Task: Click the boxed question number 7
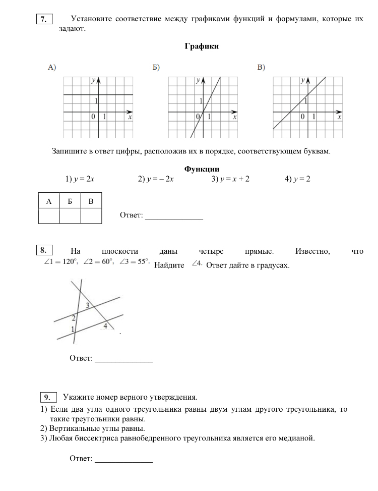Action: [x=44, y=20]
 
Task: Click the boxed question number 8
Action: [x=44, y=250]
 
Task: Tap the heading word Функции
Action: [x=202, y=169]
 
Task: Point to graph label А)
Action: [x=51, y=68]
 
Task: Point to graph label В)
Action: [x=261, y=68]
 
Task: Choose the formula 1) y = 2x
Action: [x=80, y=179]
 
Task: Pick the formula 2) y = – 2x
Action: [x=156, y=179]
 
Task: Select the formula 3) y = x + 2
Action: [x=230, y=179]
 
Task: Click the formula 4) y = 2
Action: [x=297, y=179]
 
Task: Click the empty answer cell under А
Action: [x=49, y=216]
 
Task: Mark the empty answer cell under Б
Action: [x=70, y=216]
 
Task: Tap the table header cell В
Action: [x=91, y=202]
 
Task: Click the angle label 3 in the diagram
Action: [x=87, y=305]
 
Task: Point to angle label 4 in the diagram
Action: [x=105, y=326]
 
